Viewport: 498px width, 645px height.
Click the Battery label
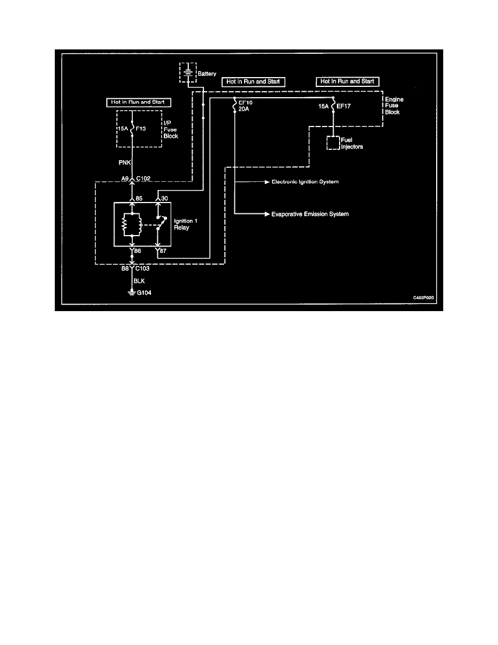pos(208,73)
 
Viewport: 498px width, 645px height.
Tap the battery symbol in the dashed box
pos(187,73)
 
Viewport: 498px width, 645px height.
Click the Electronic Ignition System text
pos(304,181)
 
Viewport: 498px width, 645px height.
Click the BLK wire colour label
pos(139,282)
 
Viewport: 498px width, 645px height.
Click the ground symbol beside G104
pos(132,293)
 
